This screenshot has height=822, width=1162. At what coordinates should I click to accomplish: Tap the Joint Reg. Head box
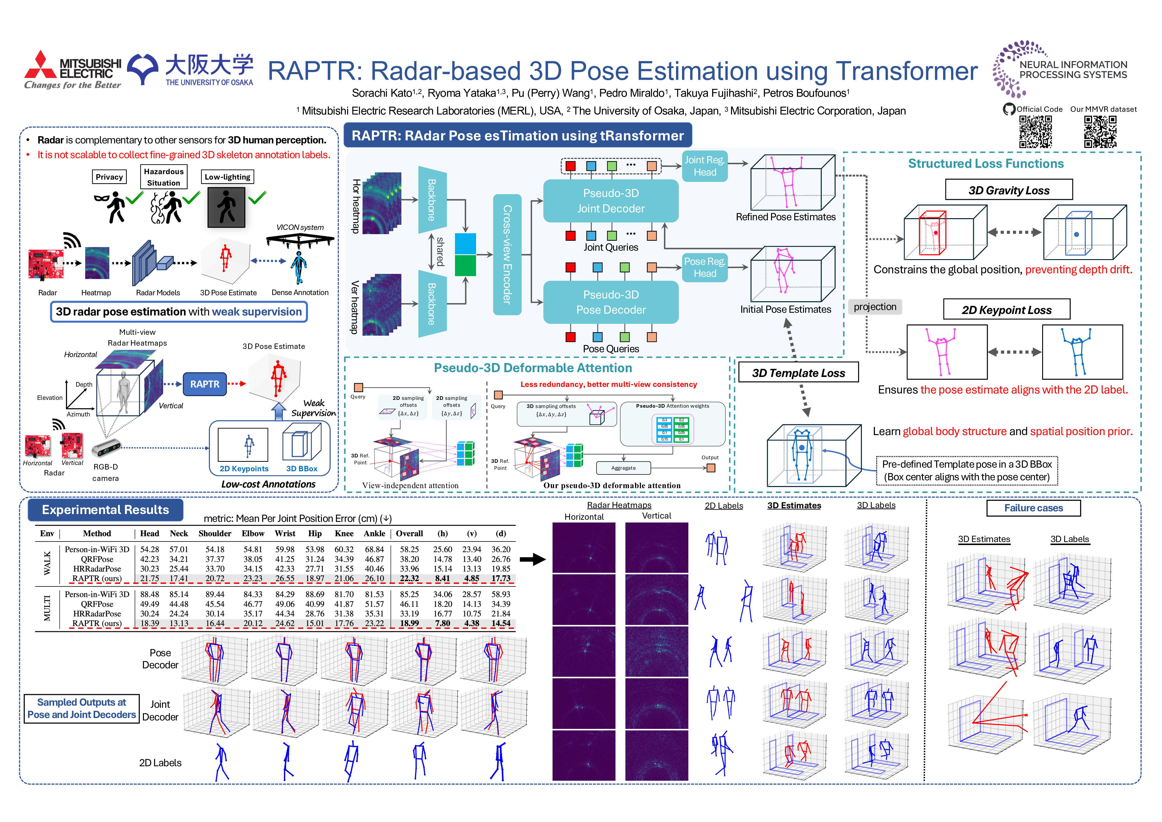[705, 166]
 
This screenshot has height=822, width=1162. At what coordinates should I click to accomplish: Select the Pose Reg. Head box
[705, 267]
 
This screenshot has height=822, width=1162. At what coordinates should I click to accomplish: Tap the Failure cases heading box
[1033, 508]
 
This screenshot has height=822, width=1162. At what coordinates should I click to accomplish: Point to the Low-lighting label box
[227, 177]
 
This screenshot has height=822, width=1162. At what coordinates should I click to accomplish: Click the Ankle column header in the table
[374, 533]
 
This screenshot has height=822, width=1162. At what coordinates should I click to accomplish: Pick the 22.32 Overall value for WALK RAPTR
[409, 579]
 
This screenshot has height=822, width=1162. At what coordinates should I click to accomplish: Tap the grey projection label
[874, 307]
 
